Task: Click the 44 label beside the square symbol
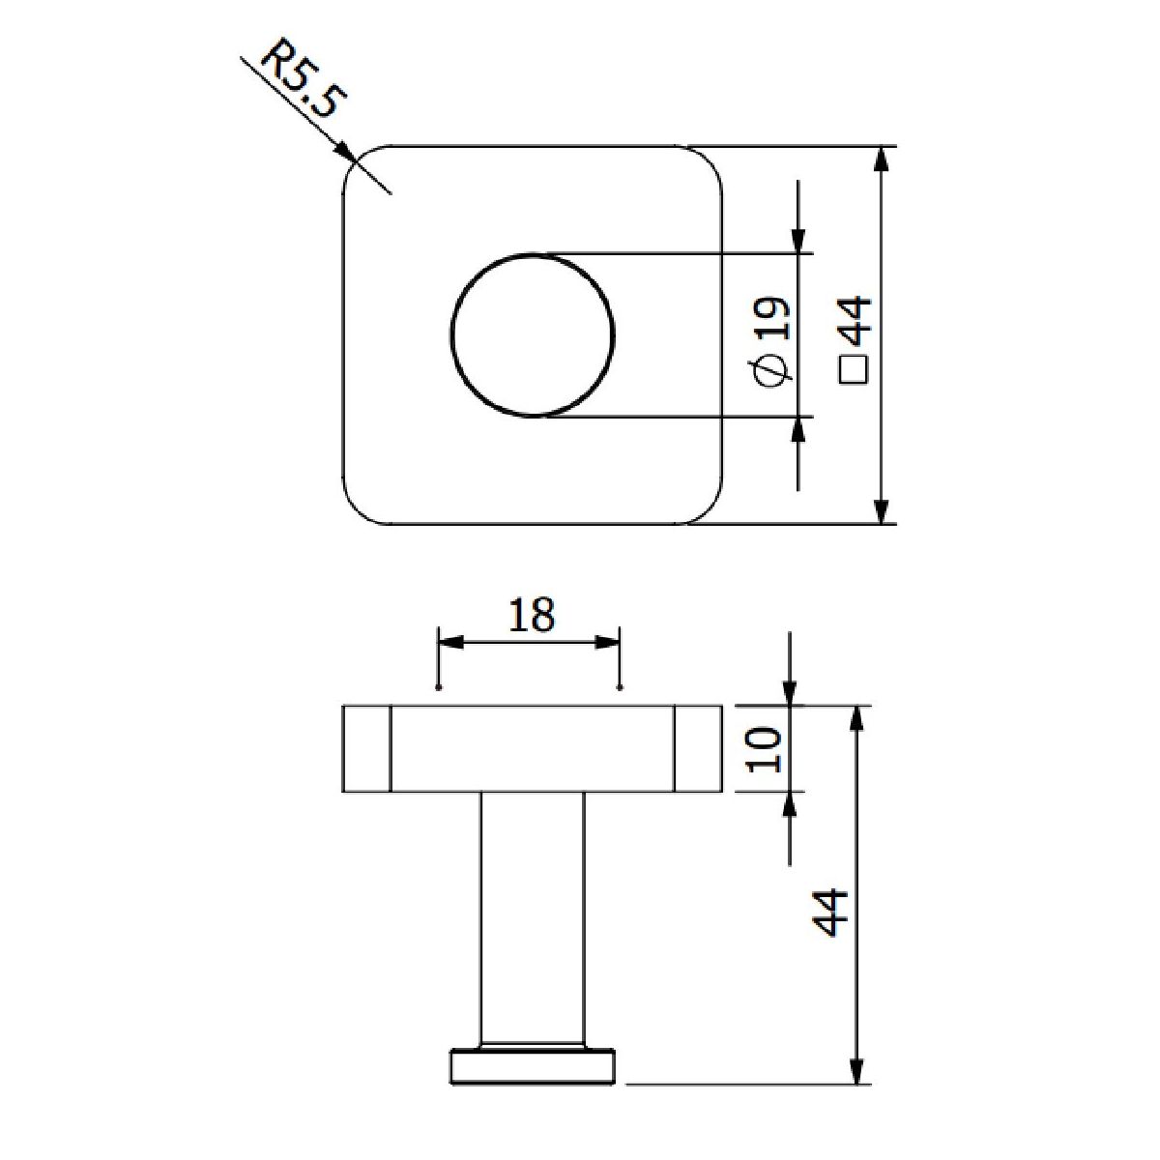click(855, 322)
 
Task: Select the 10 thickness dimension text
click(765, 749)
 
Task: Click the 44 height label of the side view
click(830, 912)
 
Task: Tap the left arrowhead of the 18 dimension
click(450, 643)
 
